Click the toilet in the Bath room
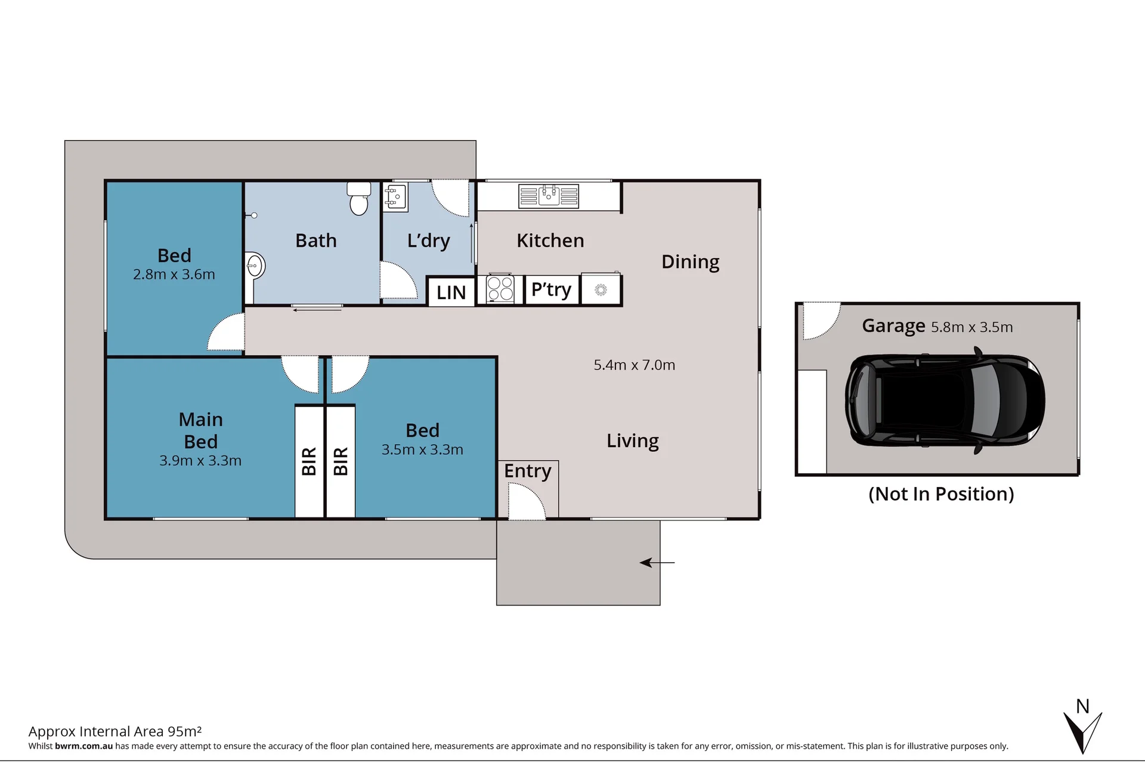359,198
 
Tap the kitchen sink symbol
549,196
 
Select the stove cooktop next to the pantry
500,289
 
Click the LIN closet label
451,293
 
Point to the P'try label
551,290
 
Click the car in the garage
945,400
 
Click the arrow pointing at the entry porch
657,562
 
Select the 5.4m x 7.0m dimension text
635,365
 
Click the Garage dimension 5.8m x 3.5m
972,327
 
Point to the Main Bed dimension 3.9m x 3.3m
200,461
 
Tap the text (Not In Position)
941,494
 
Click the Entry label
528,471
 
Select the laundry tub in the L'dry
396,197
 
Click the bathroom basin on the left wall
255,265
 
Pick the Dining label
691,262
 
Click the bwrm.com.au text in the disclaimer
84,746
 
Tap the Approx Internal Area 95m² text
115,731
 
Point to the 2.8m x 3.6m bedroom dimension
174,275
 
